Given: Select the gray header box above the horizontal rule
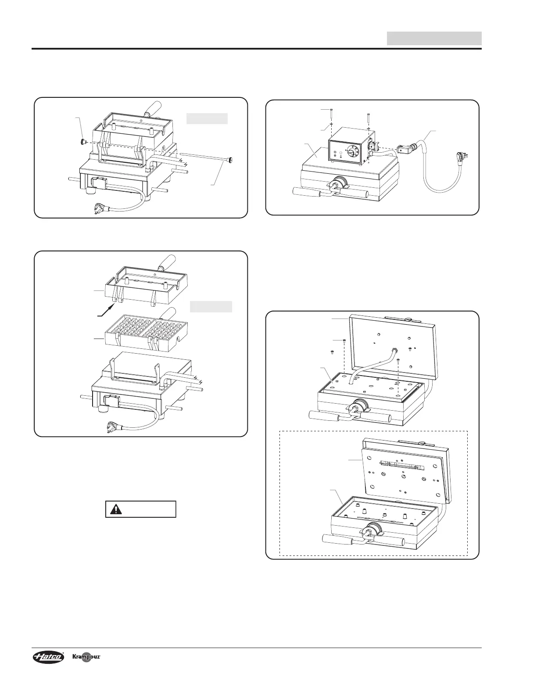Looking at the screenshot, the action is (434, 38).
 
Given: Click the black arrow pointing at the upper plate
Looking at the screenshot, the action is (106, 310).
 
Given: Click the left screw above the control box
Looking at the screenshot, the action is (332, 114).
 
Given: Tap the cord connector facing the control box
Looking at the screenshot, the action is (404, 149).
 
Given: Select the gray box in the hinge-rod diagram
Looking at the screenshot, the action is (207, 118).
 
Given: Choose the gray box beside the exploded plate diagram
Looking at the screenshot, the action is (211, 306).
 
